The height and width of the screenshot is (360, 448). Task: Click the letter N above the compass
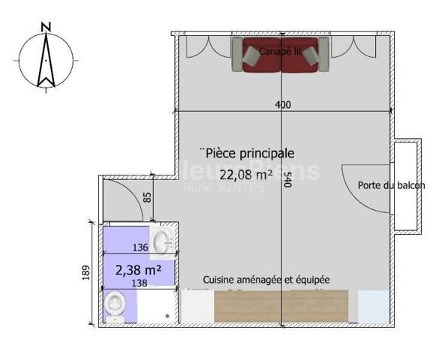[x=47, y=28]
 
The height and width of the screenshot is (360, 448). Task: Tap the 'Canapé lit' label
[x=281, y=51]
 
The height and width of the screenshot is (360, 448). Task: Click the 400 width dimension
[x=283, y=105]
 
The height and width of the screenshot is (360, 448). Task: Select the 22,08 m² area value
[x=245, y=175]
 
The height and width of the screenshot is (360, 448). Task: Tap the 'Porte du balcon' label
[x=391, y=186]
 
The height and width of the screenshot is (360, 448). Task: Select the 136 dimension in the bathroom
[x=140, y=247]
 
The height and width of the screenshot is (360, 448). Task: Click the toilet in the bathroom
[x=115, y=304]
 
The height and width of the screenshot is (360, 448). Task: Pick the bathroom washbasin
[x=161, y=241]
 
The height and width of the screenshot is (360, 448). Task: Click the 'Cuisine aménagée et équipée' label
[x=266, y=279]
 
